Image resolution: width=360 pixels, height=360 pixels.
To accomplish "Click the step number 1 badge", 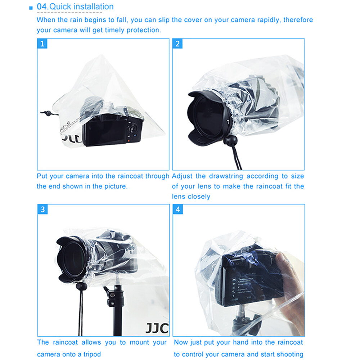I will (x=42, y=44).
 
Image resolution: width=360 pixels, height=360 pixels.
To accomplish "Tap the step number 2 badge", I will (x=177, y=44).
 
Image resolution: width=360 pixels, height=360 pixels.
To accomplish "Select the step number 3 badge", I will (x=42, y=210).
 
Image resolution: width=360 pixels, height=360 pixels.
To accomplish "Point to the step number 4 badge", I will (x=178, y=210).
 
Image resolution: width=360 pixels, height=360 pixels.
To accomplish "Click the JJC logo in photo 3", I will (x=157, y=328).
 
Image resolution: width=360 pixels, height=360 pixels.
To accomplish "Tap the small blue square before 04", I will (x=31, y=7).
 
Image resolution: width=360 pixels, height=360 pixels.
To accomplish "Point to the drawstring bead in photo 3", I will (x=81, y=287).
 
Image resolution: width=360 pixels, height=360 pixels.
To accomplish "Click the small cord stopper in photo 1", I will (x=46, y=113).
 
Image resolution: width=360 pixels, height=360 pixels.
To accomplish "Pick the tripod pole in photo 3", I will (x=117, y=317).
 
